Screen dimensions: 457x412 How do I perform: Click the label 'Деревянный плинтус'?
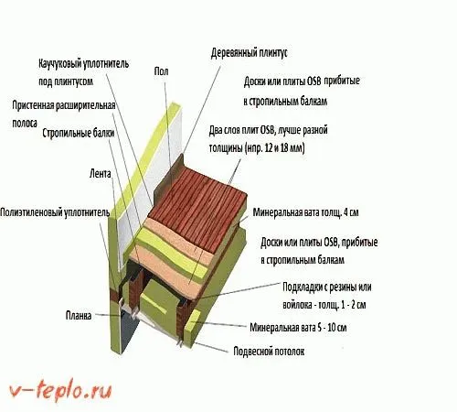[x=249, y=53]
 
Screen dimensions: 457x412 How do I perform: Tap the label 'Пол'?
[x=161, y=71]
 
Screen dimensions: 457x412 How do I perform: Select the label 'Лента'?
[x=101, y=174]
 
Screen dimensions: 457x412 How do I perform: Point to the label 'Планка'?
[x=79, y=316]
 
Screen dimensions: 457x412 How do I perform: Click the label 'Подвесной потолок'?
[x=269, y=352]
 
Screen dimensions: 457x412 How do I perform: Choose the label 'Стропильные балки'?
[x=79, y=134]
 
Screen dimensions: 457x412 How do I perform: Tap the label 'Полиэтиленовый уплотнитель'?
[x=55, y=212]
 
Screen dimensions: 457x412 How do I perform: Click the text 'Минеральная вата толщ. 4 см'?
[x=305, y=212]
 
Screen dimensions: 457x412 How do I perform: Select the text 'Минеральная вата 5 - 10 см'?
[x=298, y=328]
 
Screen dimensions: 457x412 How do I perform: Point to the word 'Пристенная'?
[x=33, y=105]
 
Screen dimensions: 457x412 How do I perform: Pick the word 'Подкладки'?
[x=302, y=287]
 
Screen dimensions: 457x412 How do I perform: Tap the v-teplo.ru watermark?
[x=60, y=390]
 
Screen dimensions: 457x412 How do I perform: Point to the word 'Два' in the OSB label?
[x=216, y=131]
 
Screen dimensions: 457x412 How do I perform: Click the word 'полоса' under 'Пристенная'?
[x=25, y=124]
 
